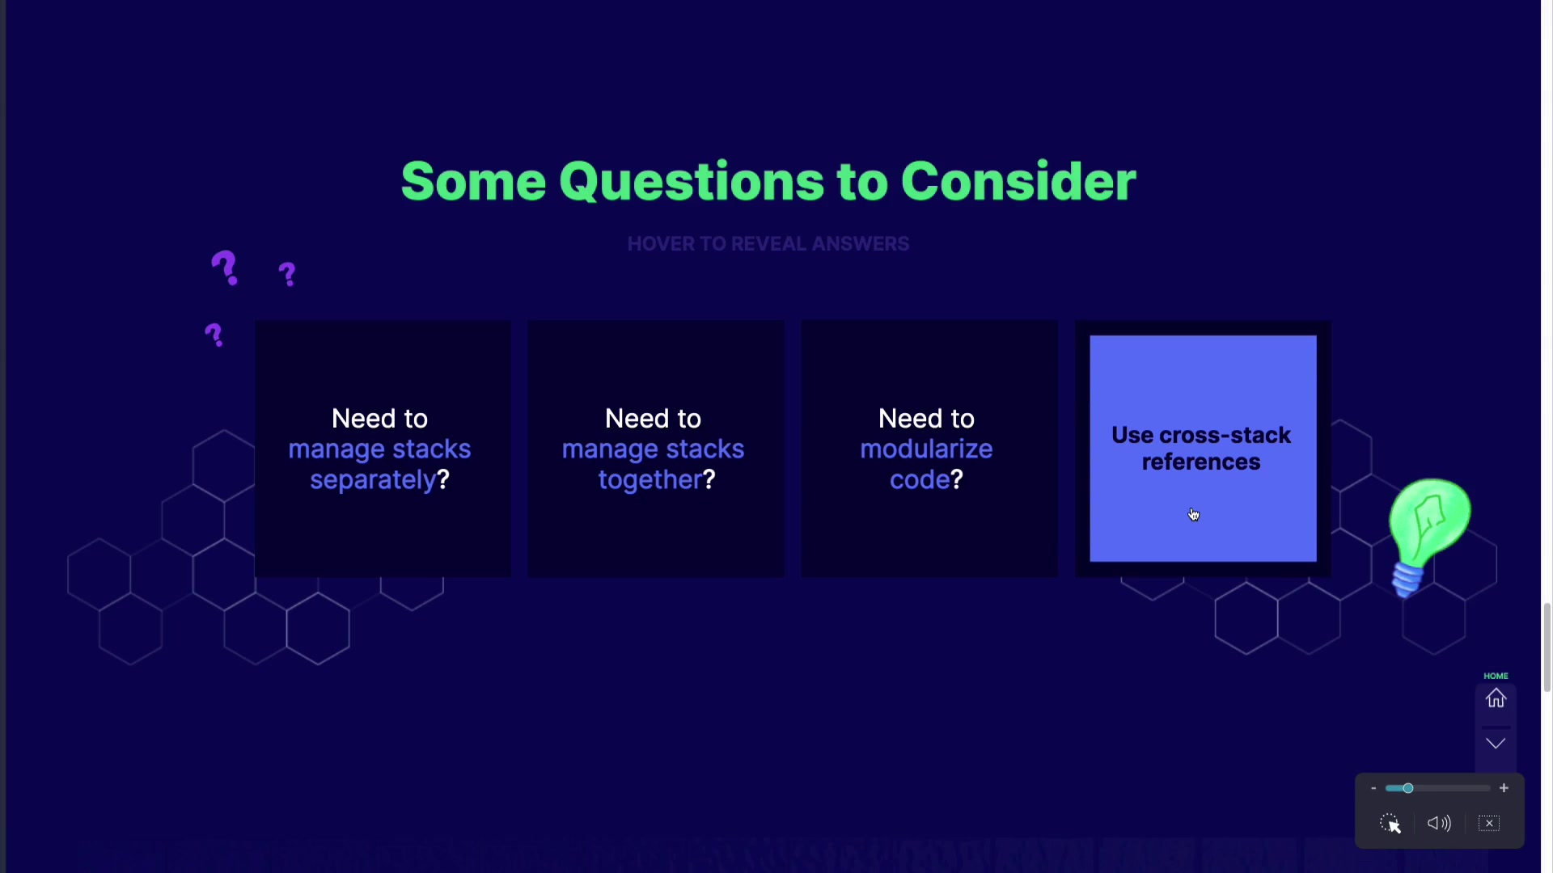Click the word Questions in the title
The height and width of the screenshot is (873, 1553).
pyautogui.click(x=692, y=182)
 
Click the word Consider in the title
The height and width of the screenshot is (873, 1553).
pyautogui.click(x=1018, y=182)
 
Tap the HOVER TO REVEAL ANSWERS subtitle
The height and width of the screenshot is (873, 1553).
pyautogui.click(x=768, y=244)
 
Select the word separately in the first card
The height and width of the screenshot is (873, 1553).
pyautogui.click(x=373, y=480)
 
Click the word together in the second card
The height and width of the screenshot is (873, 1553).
pyautogui.click(x=650, y=480)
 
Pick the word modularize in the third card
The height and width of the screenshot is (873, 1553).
pyautogui.click(x=926, y=449)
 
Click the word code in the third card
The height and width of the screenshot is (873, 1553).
pyautogui.click(x=920, y=480)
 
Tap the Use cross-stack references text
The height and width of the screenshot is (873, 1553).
pyautogui.click(x=1201, y=449)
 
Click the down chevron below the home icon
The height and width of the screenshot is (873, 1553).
pyautogui.click(x=1496, y=744)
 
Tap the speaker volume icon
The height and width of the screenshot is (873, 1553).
pyautogui.click(x=1439, y=823)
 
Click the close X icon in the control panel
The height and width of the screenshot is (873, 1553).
pyautogui.click(x=1489, y=823)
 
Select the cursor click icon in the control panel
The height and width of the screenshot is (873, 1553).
pyautogui.click(x=1390, y=824)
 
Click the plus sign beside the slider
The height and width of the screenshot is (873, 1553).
pyautogui.click(x=1504, y=788)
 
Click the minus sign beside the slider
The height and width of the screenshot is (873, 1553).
pyautogui.click(x=1373, y=788)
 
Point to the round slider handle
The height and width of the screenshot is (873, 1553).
pyautogui.click(x=1408, y=788)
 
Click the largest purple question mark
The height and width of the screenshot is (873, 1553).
pyautogui.click(x=225, y=268)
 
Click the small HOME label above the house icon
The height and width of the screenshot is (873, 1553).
pyautogui.click(x=1496, y=676)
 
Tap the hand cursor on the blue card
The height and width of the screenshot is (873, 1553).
pyautogui.click(x=1194, y=515)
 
